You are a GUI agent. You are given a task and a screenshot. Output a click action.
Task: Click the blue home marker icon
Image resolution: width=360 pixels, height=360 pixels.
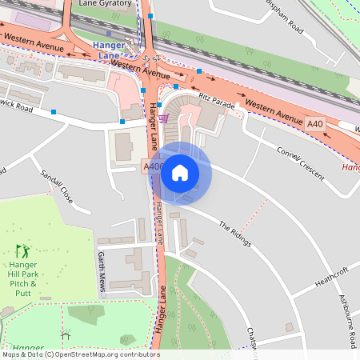[180, 173]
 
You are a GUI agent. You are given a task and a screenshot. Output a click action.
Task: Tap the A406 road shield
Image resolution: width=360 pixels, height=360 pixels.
[154, 166]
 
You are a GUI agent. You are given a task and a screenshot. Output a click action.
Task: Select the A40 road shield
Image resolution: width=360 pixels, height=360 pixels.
[315, 123]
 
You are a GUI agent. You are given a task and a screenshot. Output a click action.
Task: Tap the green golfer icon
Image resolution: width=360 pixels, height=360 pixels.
[22, 251]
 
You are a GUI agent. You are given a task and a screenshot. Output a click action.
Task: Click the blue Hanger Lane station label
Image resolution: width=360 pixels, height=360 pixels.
[110, 50]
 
